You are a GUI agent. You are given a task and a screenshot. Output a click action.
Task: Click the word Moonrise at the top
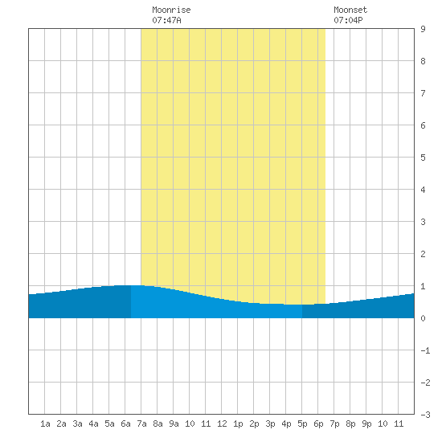pyautogui.click(x=171, y=10)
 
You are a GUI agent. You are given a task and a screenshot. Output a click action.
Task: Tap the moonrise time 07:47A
pyautogui.click(x=166, y=20)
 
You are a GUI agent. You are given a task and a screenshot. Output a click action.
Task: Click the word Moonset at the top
pyautogui.click(x=350, y=10)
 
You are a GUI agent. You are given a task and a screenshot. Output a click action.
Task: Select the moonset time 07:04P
pyautogui.click(x=348, y=20)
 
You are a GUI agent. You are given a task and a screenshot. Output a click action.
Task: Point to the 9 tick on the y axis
pyautogui.click(x=423, y=29)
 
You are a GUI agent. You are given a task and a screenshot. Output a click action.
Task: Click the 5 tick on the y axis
pyautogui.click(x=423, y=158)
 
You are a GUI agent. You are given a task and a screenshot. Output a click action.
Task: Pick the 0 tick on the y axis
pyautogui.click(x=423, y=318)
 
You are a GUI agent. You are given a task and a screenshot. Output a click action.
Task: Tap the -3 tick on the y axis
pyautogui.click(x=425, y=415)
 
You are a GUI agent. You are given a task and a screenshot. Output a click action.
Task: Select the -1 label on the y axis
pyautogui.click(x=425, y=350)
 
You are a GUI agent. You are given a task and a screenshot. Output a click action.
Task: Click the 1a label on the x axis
pyautogui.click(x=45, y=424)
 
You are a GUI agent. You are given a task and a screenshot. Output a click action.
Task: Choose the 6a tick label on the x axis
pyautogui.click(x=125, y=424)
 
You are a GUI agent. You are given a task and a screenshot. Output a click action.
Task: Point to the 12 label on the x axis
pyautogui.click(x=222, y=424)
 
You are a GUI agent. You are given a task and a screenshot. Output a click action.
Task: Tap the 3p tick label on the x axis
pyautogui.click(x=270, y=424)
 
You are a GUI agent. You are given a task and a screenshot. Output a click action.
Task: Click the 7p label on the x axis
pyautogui.click(x=334, y=424)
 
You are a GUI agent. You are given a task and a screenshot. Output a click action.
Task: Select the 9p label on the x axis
pyautogui.click(x=366, y=424)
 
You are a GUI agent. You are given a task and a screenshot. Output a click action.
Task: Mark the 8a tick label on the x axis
pyautogui.click(x=158, y=424)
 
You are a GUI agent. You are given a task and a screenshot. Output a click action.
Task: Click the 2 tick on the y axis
pyautogui.click(x=423, y=254)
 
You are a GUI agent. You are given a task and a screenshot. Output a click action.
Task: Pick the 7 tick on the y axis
pyautogui.click(x=423, y=93)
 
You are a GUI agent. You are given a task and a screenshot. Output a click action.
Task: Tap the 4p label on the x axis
pyautogui.click(x=286, y=424)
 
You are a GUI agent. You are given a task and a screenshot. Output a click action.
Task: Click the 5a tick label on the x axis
pyautogui.click(x=109, y=424)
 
